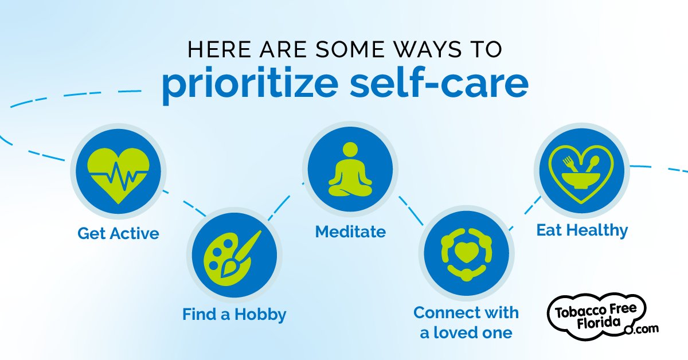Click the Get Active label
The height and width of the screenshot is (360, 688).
point(119,234)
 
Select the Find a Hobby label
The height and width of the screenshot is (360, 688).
point(234,315)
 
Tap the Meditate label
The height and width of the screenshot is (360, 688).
point(350,232)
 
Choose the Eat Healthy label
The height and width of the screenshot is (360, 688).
point(582,230)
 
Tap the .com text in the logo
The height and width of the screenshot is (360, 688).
point(646,328)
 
